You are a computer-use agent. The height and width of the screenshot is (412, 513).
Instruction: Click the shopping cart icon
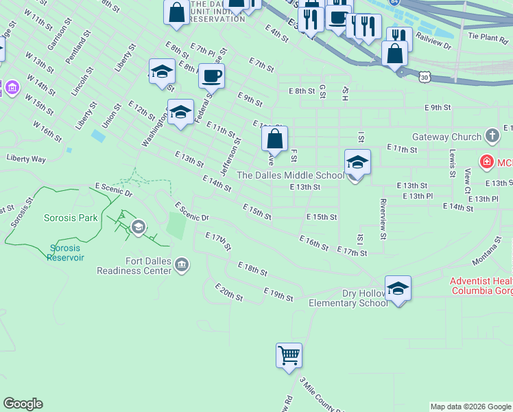(289, 356)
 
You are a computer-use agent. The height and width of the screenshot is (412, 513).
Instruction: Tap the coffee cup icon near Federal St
(211, 75)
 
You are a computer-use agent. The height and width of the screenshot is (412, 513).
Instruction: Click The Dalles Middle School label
(290, 175)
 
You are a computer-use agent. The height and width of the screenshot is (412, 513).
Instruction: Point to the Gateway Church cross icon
(491, 135)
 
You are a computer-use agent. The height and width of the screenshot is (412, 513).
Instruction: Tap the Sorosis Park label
(71, 218)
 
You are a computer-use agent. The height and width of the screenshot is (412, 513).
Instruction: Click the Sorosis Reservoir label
(66, 253)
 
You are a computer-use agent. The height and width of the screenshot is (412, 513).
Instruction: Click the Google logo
(23, 404)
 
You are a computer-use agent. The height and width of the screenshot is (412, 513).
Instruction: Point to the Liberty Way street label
(26, 159)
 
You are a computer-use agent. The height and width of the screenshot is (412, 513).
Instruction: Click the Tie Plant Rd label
(487, 34)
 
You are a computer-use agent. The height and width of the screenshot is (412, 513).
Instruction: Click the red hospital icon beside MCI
(486, 163)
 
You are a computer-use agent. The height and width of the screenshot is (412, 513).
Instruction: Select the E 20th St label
(228, 292)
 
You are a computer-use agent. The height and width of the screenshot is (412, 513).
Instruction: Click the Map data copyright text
(470, 407)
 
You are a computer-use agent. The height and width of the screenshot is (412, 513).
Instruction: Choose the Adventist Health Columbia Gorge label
(481, 286)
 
